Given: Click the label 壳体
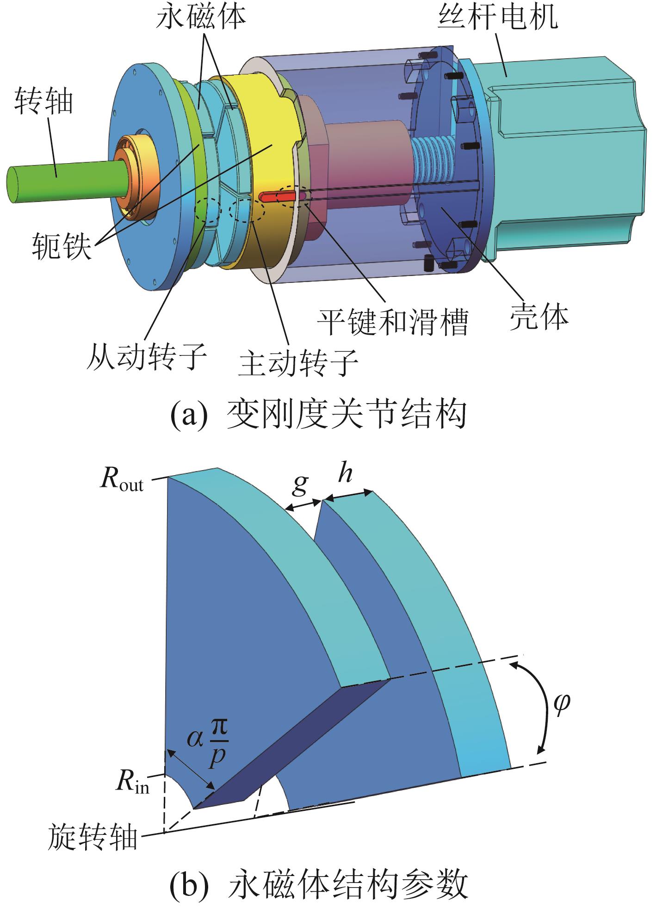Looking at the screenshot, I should click(x=538, y=317).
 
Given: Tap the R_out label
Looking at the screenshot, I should click(x=121, y=482).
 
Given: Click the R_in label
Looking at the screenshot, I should click(x=133, y=782).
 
